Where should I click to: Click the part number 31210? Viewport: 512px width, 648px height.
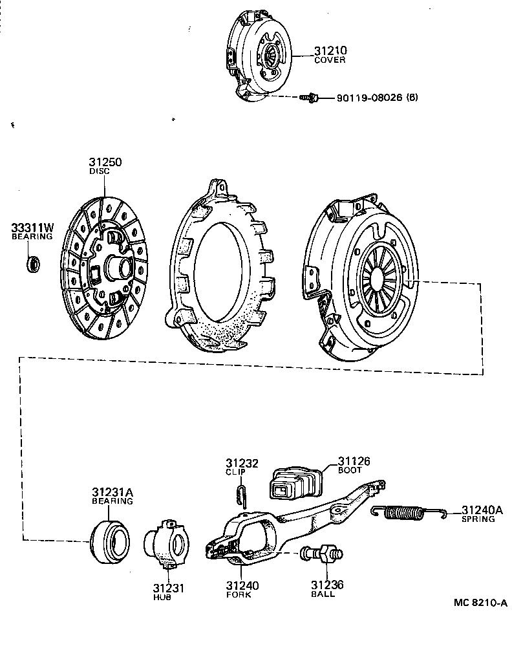point(330,50)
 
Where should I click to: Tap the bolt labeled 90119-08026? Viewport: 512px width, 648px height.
point(308,98)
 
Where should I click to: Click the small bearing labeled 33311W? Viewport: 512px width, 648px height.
point(33,263)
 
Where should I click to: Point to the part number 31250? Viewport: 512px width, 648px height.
point(105,162)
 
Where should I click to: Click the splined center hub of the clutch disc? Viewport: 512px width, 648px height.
point(117,266)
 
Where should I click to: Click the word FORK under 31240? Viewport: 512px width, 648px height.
point(242,595)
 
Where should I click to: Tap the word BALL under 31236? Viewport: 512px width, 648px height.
point(323,594)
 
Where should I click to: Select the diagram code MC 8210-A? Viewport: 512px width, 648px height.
point(480,603)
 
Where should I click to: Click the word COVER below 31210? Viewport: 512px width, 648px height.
point(330,60)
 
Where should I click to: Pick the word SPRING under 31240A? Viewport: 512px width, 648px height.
point(478,519)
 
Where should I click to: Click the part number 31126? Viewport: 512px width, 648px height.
point(354,461)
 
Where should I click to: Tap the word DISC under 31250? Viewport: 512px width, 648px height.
point(100,171)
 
